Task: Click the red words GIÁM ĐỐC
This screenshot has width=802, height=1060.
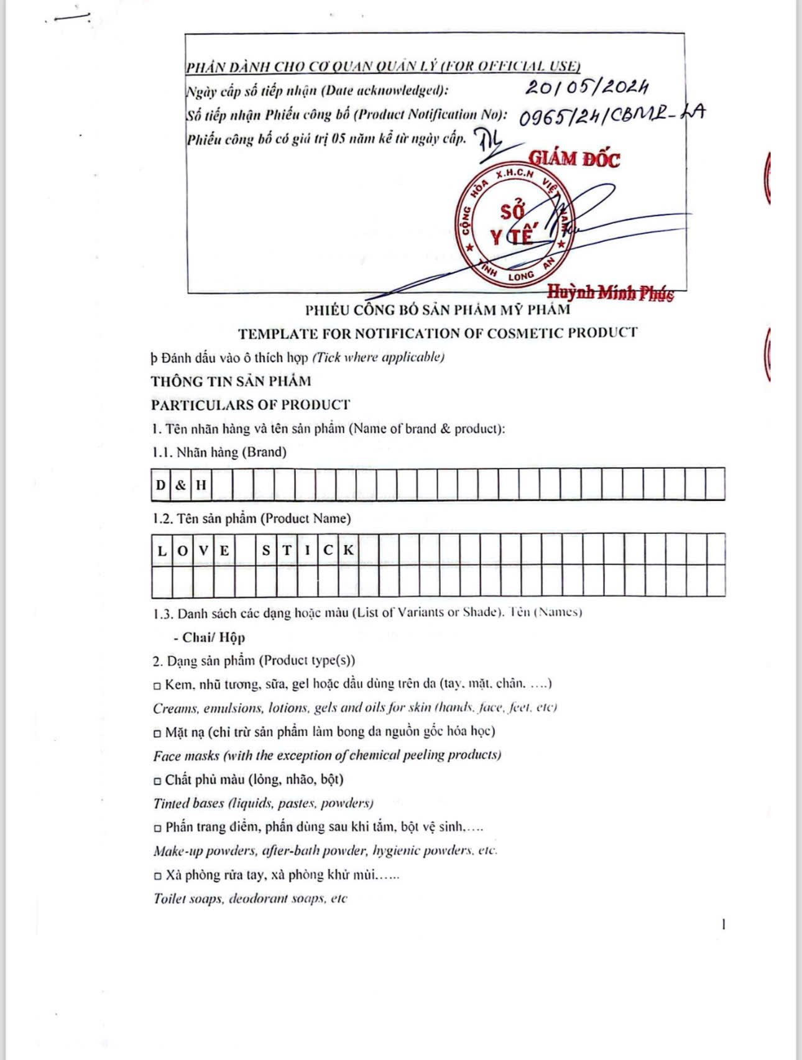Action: pyautogui.click(x=574, y=159)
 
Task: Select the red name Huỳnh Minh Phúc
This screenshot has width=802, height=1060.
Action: pyautogui.click(x=610, y=292)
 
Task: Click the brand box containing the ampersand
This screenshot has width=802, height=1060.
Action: pyautogui.click(x=180, y=485)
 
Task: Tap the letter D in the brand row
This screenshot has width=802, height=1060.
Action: pyautogui.click(x=161, y=485)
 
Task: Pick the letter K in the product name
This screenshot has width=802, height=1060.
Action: pyautogui.click(x=348, y=550)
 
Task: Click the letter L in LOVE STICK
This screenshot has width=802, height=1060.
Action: pyautogui.click(x=162, y=550)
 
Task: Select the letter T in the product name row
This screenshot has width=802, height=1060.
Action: pyautogui.click(x=287, y=550)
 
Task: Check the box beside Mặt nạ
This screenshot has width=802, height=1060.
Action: pyautogui.click(x=157, y=732)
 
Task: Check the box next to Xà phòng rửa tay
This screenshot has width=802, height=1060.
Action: pyautogui.click(x=157, y=876)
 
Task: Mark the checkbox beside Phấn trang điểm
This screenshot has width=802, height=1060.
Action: pyautogui.click(x=157, y=828)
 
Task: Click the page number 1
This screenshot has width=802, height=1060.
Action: pyautogui.click(x=723, y=924)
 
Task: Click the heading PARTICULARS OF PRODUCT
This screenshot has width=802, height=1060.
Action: pyautogui.click(x=251, y=405)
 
